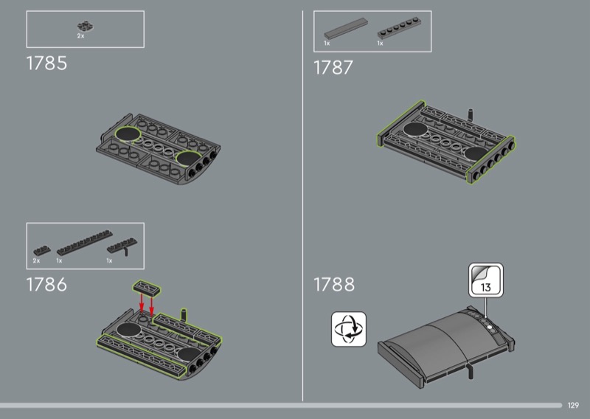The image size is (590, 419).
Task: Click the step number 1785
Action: (x=46, y=63)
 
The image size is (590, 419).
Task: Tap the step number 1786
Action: (x=46, y=285)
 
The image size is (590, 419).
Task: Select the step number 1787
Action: (x=333, y=68)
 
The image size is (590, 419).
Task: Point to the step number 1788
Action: (x=334, y=285)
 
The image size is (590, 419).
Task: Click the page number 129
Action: (x=573, y=405)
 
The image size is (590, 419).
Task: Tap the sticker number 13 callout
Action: (x=486, y=280)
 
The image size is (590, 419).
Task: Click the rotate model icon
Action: (x=348, y=329)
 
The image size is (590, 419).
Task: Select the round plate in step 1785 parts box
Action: (x=86, y=27)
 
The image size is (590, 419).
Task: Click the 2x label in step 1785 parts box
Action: (x=80, y=36)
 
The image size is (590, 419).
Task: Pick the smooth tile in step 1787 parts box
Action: (x=346, y=29)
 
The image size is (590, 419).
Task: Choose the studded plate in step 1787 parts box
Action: (x=399, y=28)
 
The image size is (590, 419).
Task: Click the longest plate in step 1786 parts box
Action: (x=85, y=243)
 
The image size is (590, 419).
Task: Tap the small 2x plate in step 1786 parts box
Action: (x=42, y=250)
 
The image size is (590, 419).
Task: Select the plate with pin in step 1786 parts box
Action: (x=122, y=246)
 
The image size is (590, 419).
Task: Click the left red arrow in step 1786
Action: (x=142, y=302)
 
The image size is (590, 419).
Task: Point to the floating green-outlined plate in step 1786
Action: (x=147, y=288)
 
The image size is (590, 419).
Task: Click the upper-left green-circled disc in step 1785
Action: (x=128, y=134)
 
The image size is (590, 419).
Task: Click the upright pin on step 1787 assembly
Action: (x=470, y=114)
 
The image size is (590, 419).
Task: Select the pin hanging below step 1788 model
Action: (x=471, y=371)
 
